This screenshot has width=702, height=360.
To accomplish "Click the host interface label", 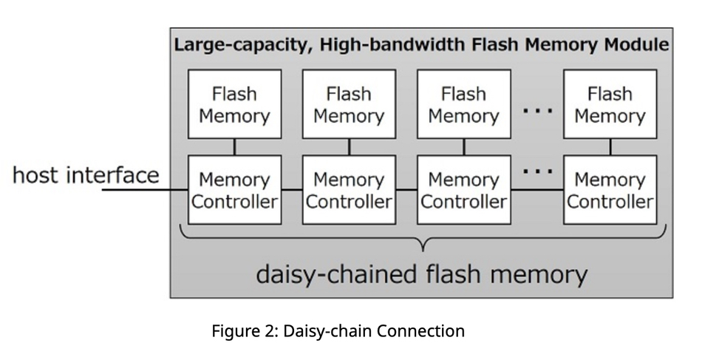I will click(x=86, y=176).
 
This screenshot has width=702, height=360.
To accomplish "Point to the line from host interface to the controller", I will click(x=144, y=190).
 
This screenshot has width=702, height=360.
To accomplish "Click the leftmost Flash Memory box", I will click(x=234, y=104).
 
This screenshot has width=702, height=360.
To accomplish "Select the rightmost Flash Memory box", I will click(x=610, y=104).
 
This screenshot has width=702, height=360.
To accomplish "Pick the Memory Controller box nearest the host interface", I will click(x=234, y=190).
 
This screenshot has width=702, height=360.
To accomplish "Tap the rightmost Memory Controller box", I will click(x=610, y=190).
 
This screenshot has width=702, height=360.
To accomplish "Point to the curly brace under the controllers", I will click(x=423, y=239).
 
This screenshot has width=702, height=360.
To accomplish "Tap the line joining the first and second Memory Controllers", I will click(x=292, y=190).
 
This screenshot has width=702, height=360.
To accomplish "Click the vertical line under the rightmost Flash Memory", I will click(x=610, y=146).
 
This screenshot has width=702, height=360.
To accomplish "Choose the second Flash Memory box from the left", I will click(x=349, y=104).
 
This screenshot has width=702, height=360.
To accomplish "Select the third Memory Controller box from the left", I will click(x=463, y=190).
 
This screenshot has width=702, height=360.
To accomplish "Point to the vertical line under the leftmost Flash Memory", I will click(x=234, y=146).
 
